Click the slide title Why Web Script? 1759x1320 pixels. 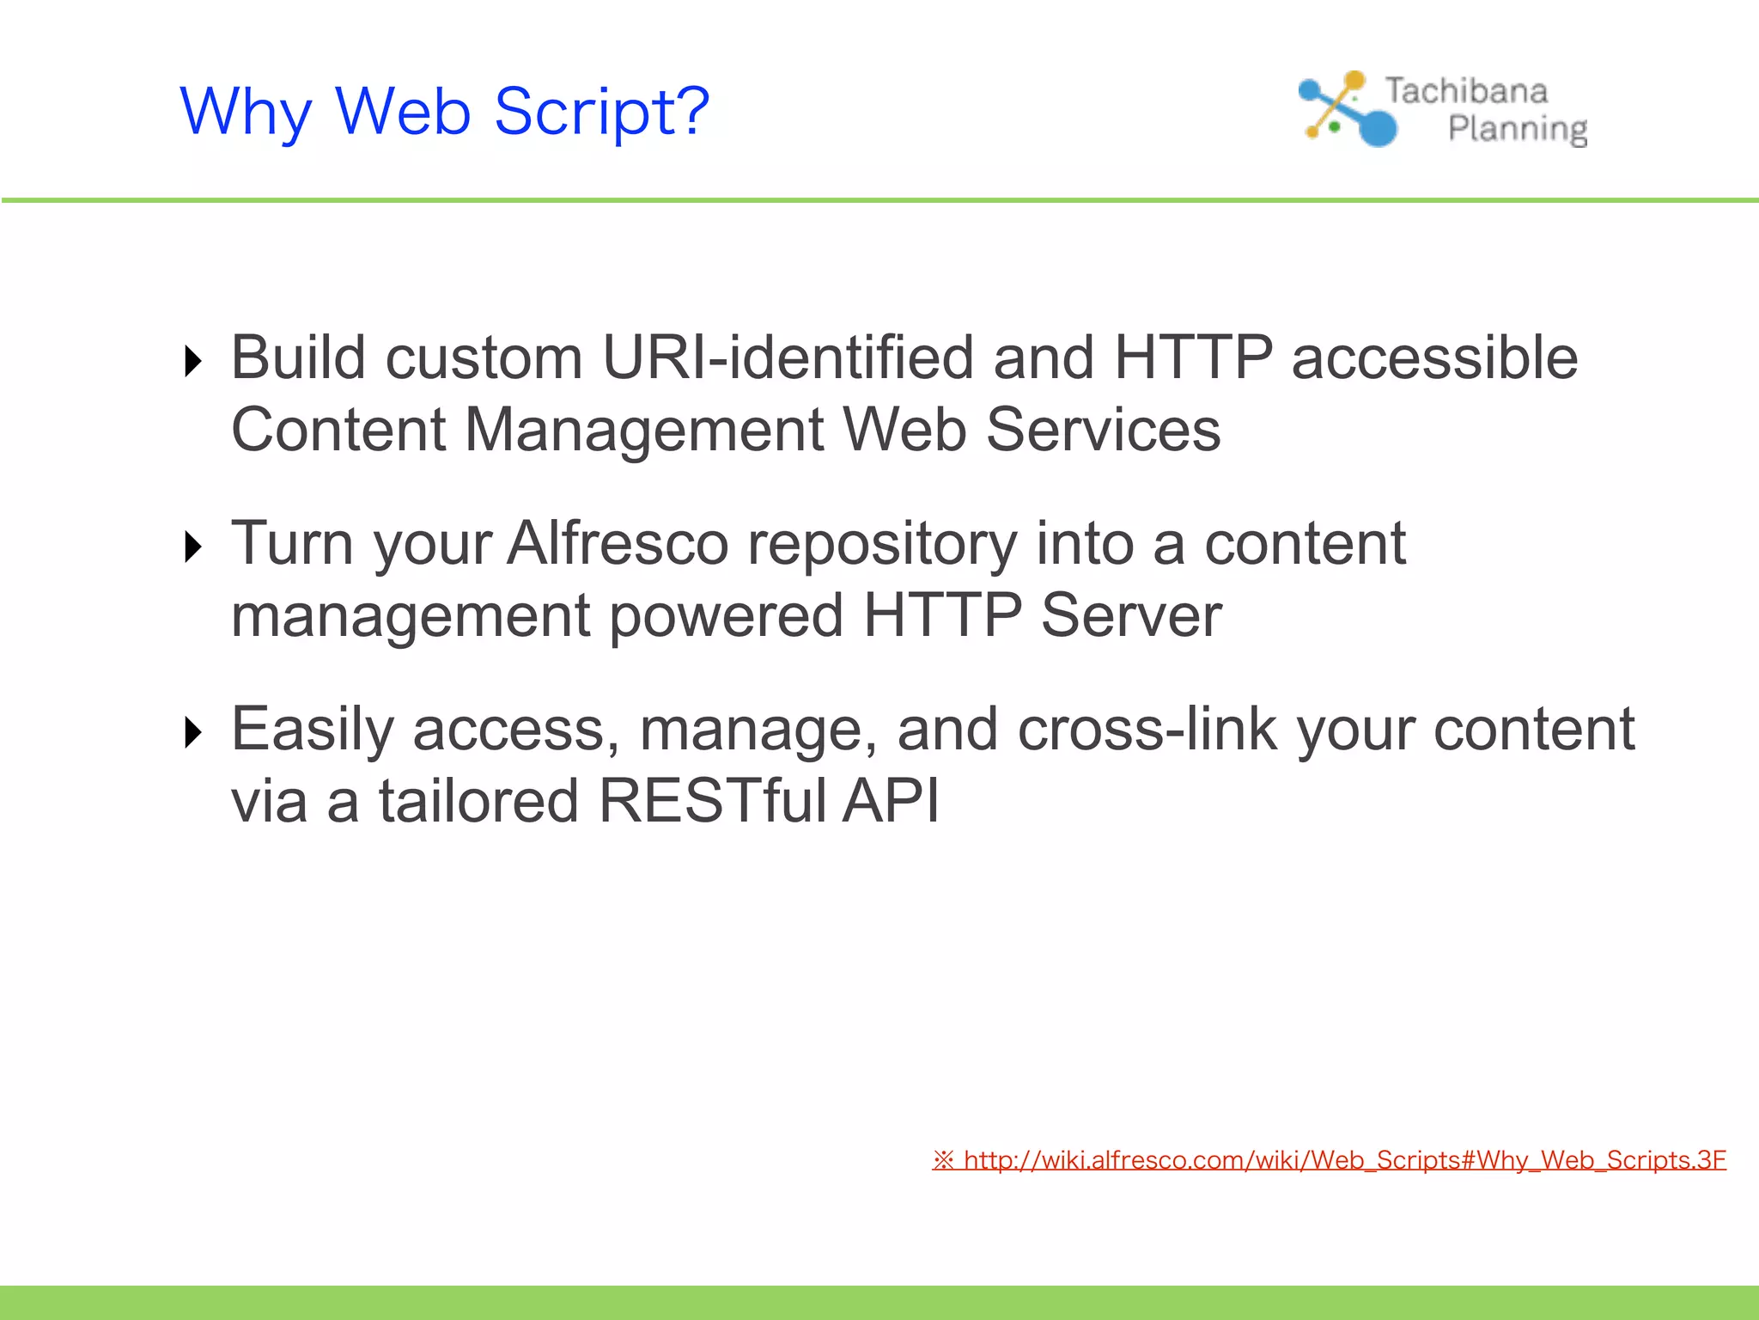pos(444,113)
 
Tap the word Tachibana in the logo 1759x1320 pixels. pos(1465,91)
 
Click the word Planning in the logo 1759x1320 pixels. pos(1517,129)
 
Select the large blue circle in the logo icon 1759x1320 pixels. pos(1378,128)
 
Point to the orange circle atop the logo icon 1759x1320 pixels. pos(1354,81)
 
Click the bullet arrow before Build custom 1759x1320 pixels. pos(193,361)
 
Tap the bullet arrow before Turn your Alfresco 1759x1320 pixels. pos(193,547)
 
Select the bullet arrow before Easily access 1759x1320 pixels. pos(193,732)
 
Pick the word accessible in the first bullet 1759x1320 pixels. pos(1434,357)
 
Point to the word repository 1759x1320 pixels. pos(882,545)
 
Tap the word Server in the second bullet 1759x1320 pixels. pos(1130,615)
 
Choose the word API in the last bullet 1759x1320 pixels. pos(890,801)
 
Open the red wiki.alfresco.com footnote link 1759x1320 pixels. pos(1344,1160)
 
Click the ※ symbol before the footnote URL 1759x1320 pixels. pos(943,1160)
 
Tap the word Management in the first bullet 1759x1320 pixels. pos(644,430)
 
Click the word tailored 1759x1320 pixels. pos(478,801)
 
